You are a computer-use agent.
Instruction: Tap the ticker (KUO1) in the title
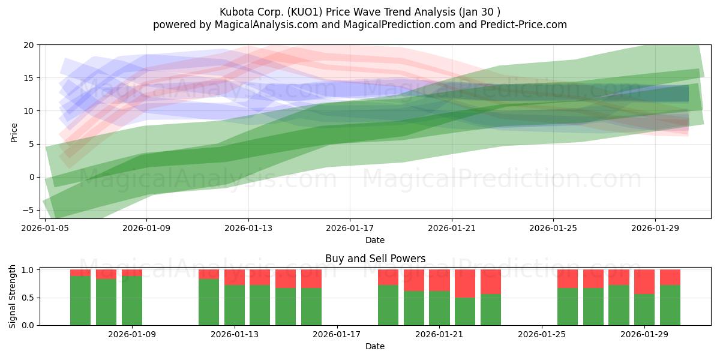305,12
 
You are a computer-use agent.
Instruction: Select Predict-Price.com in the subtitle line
524,25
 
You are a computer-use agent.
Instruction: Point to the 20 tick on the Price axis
29,45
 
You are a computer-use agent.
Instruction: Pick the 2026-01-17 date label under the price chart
350,228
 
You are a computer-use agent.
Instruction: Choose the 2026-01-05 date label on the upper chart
45,228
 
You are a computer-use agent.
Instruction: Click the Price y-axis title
14,133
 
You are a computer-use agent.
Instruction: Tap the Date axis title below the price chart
375,240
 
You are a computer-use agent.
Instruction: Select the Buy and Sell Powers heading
375,259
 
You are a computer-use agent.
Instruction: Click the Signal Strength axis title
12,296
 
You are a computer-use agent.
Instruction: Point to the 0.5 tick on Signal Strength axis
28,298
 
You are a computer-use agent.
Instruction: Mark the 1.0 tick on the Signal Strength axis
28,270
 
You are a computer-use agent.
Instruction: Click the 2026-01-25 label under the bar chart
542,334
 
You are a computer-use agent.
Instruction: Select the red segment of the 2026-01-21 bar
439,280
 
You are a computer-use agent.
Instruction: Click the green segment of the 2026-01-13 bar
235,305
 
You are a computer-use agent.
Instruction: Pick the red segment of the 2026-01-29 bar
644,282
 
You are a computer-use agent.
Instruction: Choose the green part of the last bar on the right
670,305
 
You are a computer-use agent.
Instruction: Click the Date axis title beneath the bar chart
375,346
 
